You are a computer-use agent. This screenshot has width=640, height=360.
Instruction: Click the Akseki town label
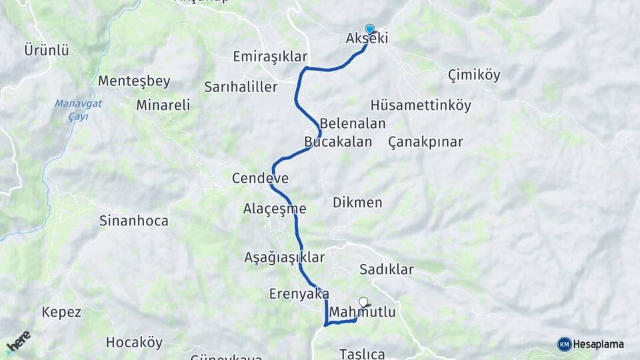click(367, 39)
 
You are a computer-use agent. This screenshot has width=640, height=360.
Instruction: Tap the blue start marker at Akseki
click(370, 29)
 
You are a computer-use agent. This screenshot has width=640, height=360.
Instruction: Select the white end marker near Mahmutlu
click(363, 302)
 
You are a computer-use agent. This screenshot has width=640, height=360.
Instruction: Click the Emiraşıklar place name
click(270, 57)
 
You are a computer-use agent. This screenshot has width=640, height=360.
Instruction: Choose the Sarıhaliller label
click(241, 87)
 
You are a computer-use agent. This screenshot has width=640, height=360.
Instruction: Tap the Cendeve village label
click(260, 178)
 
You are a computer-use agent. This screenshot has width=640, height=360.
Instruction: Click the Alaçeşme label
click(275, 209)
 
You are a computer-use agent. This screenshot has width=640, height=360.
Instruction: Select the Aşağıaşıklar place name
click(284, 257)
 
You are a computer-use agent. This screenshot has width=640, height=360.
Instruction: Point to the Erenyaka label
click(299, 293)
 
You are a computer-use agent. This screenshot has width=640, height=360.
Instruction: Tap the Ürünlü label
click(47, 50)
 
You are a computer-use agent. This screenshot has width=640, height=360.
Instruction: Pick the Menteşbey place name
click(134, 81)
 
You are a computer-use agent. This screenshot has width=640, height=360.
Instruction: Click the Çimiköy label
click(474, 75)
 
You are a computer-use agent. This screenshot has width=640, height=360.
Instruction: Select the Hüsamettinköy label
click(421, 105)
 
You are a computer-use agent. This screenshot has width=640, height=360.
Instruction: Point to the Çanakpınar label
click(425, 142)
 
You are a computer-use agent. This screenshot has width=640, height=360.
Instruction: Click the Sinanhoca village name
click(133, 220)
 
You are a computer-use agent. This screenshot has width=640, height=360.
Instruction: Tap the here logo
click(18, 342)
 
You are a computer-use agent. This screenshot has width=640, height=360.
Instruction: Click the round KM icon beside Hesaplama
click(564, 344)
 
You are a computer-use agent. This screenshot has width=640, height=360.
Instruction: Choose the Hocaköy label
click(134, 343)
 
